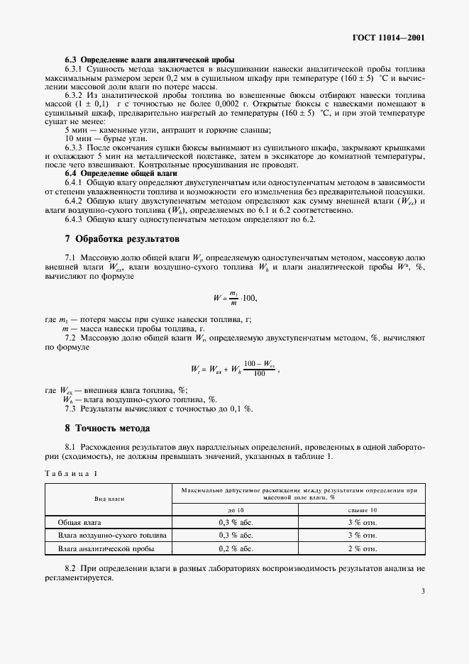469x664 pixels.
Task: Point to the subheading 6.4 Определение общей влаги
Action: coord(121,173)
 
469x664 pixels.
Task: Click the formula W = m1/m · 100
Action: coord(234,298)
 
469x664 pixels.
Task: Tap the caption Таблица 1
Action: coord(72,473)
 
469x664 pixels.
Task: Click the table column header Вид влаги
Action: coord(109,499)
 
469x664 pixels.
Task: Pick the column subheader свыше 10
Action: coord(362,510)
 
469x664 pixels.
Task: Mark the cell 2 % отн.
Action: coord(362,548)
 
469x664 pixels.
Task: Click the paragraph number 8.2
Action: coord(70,569)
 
